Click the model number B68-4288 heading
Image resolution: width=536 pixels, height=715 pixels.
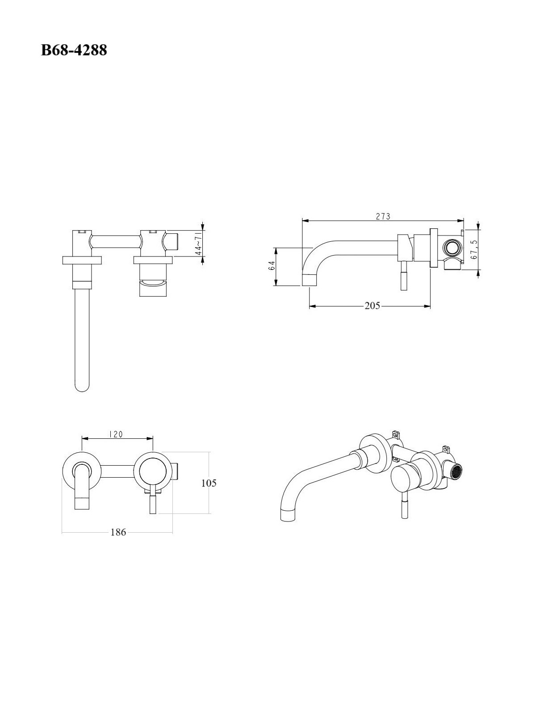(x=74, y=50)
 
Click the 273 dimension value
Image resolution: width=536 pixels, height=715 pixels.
(x=383, y=216)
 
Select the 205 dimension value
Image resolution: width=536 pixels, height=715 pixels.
(x=373, y=306)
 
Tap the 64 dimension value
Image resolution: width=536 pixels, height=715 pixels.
(x=272, y=265)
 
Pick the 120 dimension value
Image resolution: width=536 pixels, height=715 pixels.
(x=116, y=434)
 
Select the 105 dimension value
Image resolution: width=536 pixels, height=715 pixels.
(x=209, y=483)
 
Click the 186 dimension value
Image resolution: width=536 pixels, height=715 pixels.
(x=118, y=532)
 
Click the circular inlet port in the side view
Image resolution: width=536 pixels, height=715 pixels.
(x=452, y=247)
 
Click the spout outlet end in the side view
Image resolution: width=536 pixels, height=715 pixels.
(x=310, y=279)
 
